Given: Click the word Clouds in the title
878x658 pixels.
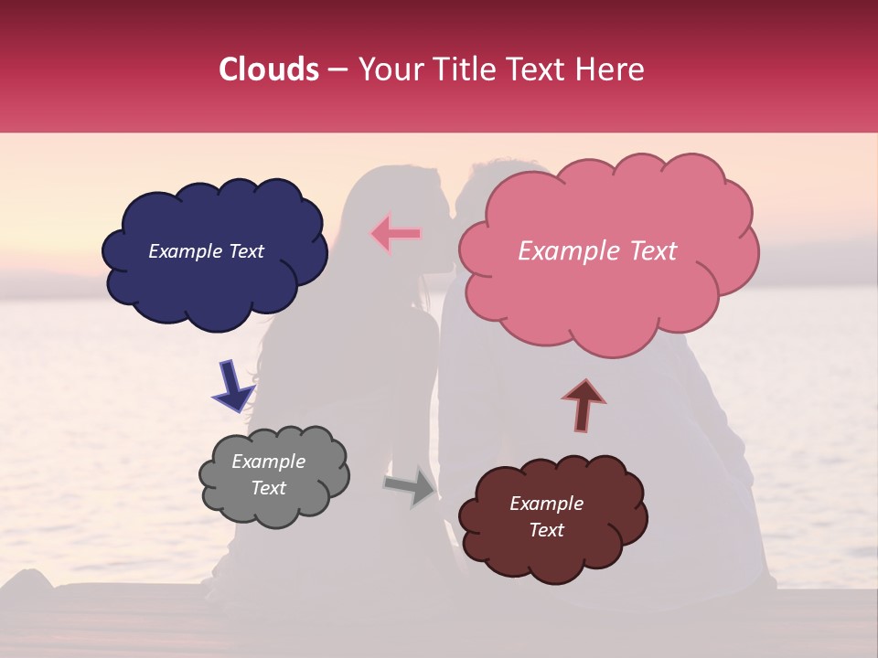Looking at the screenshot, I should click(x=268, y=69).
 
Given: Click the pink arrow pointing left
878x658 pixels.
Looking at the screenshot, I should click(x=395, y=233).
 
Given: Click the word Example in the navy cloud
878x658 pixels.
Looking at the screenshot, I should click(x=186, y=251).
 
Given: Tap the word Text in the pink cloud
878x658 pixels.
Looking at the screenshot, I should click(x=647, y=251).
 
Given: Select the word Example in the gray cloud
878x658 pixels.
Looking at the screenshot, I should click(x=268, y=462).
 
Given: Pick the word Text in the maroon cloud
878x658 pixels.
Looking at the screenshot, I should click(x=546, y=530).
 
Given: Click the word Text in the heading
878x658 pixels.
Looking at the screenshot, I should click(x=540, y=69).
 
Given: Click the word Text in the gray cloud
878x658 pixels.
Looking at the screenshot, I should click(x=268, y=488).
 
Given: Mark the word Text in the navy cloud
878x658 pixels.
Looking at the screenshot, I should click(x=245, y=251).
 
